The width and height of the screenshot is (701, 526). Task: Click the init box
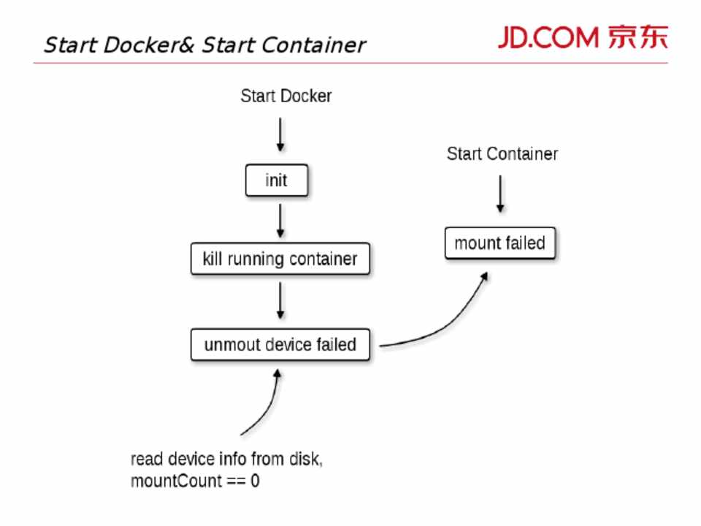click(276, 180)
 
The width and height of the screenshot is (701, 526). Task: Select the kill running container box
click(280, 259)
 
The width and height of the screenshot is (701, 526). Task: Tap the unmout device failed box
click(280, 344)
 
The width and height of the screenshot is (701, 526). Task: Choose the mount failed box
click(500, 243)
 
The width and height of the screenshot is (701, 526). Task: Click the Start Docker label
click(286, 96)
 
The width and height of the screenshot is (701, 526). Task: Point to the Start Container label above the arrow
click(502, 154)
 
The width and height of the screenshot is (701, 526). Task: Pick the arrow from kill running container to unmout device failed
click(280, 301)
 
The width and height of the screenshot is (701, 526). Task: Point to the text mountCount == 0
click(195, 482)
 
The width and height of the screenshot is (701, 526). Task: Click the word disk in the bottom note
click(306, 460)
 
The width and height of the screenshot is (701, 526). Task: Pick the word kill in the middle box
click(212, 259)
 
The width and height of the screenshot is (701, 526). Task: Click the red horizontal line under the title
click(350, 63)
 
